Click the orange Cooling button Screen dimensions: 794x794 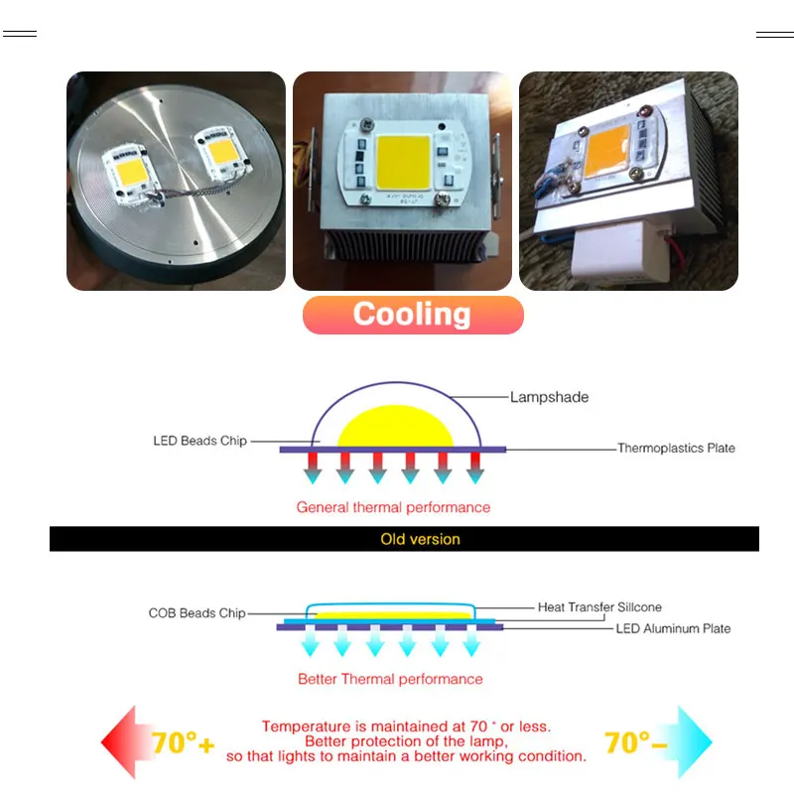tap(412, 315)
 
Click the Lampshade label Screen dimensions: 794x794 tap(549, 397)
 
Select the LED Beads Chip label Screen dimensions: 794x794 tap(199, 441)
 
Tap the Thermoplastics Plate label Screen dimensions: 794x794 tap(676, 449)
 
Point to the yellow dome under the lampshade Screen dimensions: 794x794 tap(396, 427)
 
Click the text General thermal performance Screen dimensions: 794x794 tap(393, 507)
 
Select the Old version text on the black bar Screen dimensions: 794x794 tap(420, 539)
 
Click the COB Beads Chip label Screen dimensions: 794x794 tap(197, 613)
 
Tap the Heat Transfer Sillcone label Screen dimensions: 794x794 tap(599, 606)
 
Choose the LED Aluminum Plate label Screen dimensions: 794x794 tap(673, 628)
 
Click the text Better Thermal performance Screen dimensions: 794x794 tap(390, 679)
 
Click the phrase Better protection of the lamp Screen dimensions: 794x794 tap(407, 741)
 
